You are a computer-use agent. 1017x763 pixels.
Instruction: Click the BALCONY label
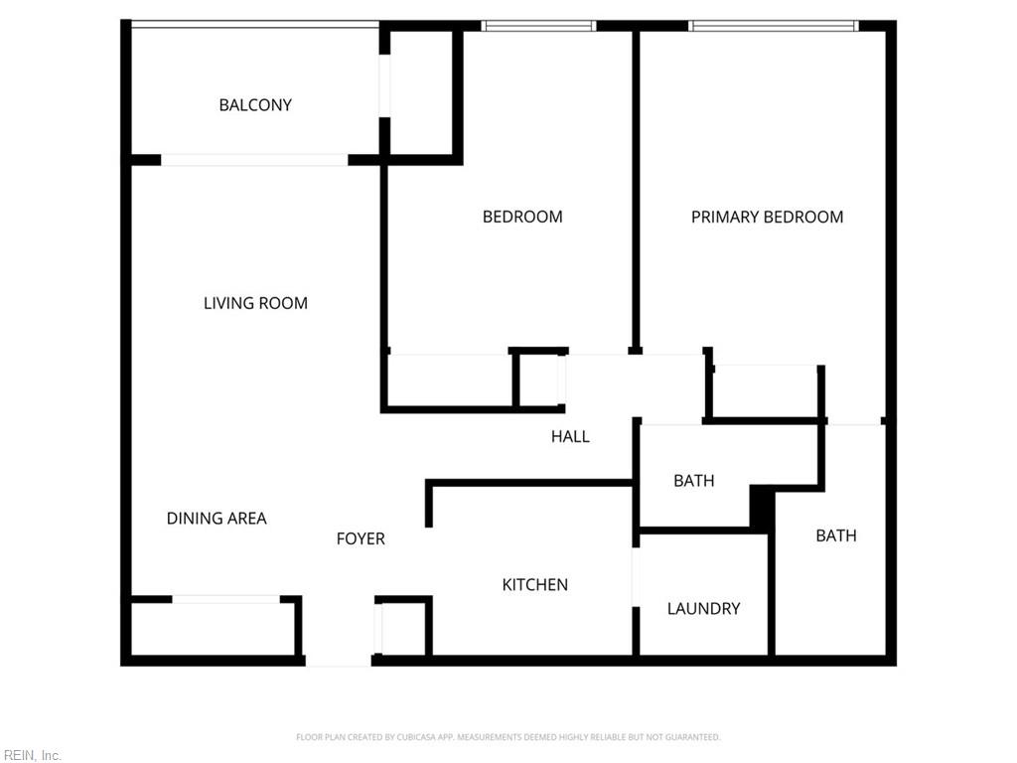pyautogui.click(x=255, y=105)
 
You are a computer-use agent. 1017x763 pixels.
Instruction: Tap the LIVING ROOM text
pyautogui.click(x=255, y=303)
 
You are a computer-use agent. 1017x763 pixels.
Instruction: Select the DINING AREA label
pyautogui.click(x=217, y=518)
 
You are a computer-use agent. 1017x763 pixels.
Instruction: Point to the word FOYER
pyautogui.click(x=361, y=538)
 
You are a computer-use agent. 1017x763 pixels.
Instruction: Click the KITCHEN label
pyautogui.click(x=534, y=585)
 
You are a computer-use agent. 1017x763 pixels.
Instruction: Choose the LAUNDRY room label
pyautogui.click(x=703, y=608)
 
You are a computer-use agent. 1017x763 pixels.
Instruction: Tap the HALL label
pyautogui.click(x=570, y=436)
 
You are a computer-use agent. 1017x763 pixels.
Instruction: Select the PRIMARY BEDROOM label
pyautogui.click(x=767, y=217)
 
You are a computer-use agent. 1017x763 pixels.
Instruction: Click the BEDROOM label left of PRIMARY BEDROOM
pyautogui.click(x=522, y=217)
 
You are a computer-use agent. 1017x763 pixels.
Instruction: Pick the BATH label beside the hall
pyautogui.click(x=693, y=481)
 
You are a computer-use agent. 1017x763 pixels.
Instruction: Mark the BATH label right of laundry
pyautogui.click(x=835, y=535)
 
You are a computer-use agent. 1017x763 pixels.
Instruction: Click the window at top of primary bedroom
pyautogui.click(x=774, y=26)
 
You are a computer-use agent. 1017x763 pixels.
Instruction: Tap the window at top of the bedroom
pyautogui.click(x=537, y=26)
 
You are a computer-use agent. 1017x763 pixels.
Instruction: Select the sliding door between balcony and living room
pyautogui.click(x=254, y=159)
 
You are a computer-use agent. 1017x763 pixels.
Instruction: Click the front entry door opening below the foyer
pyautogui.click(x=338, y=661)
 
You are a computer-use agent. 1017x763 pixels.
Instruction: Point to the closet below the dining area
pyautogui.click(x=214, y=628)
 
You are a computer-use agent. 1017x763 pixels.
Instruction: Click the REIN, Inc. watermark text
pyautogui.click(x=32, y=755)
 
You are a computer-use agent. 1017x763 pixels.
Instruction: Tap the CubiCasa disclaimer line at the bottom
pyautogui.click(x=508, y=737)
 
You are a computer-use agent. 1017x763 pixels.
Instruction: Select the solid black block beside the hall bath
pyautogui.click(x=762, y=507)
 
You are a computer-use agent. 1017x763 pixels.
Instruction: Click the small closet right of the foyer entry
pyautogui.click(x=403, y=628)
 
